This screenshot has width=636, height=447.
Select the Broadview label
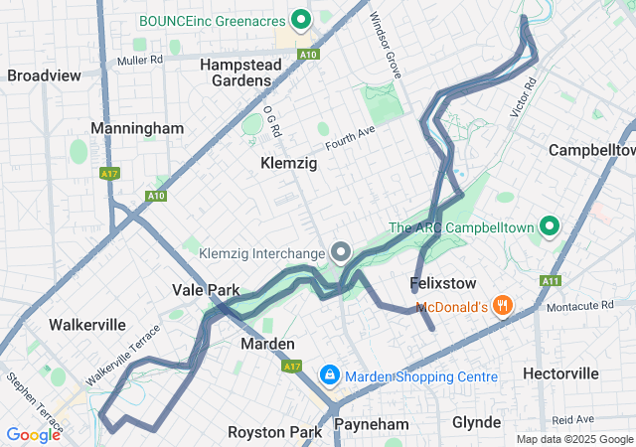coord(44,75)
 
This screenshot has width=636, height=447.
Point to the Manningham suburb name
coord(137,128)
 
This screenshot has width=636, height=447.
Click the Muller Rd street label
coord(139,60)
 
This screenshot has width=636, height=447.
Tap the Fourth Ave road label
coord(349,137)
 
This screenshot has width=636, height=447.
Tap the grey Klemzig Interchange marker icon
coord(341,252)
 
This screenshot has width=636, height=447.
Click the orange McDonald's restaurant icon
coord(504,306)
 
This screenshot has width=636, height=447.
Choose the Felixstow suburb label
coord(439,284)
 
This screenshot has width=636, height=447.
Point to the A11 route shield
coord(550,282)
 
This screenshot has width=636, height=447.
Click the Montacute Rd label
coord(591,308)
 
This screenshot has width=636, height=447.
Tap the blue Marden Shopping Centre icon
coord(329,375)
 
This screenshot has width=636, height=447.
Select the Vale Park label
coord(206,290)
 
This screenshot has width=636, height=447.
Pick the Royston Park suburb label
coord(274,432)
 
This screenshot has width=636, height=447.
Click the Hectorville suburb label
coord(561,373)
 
